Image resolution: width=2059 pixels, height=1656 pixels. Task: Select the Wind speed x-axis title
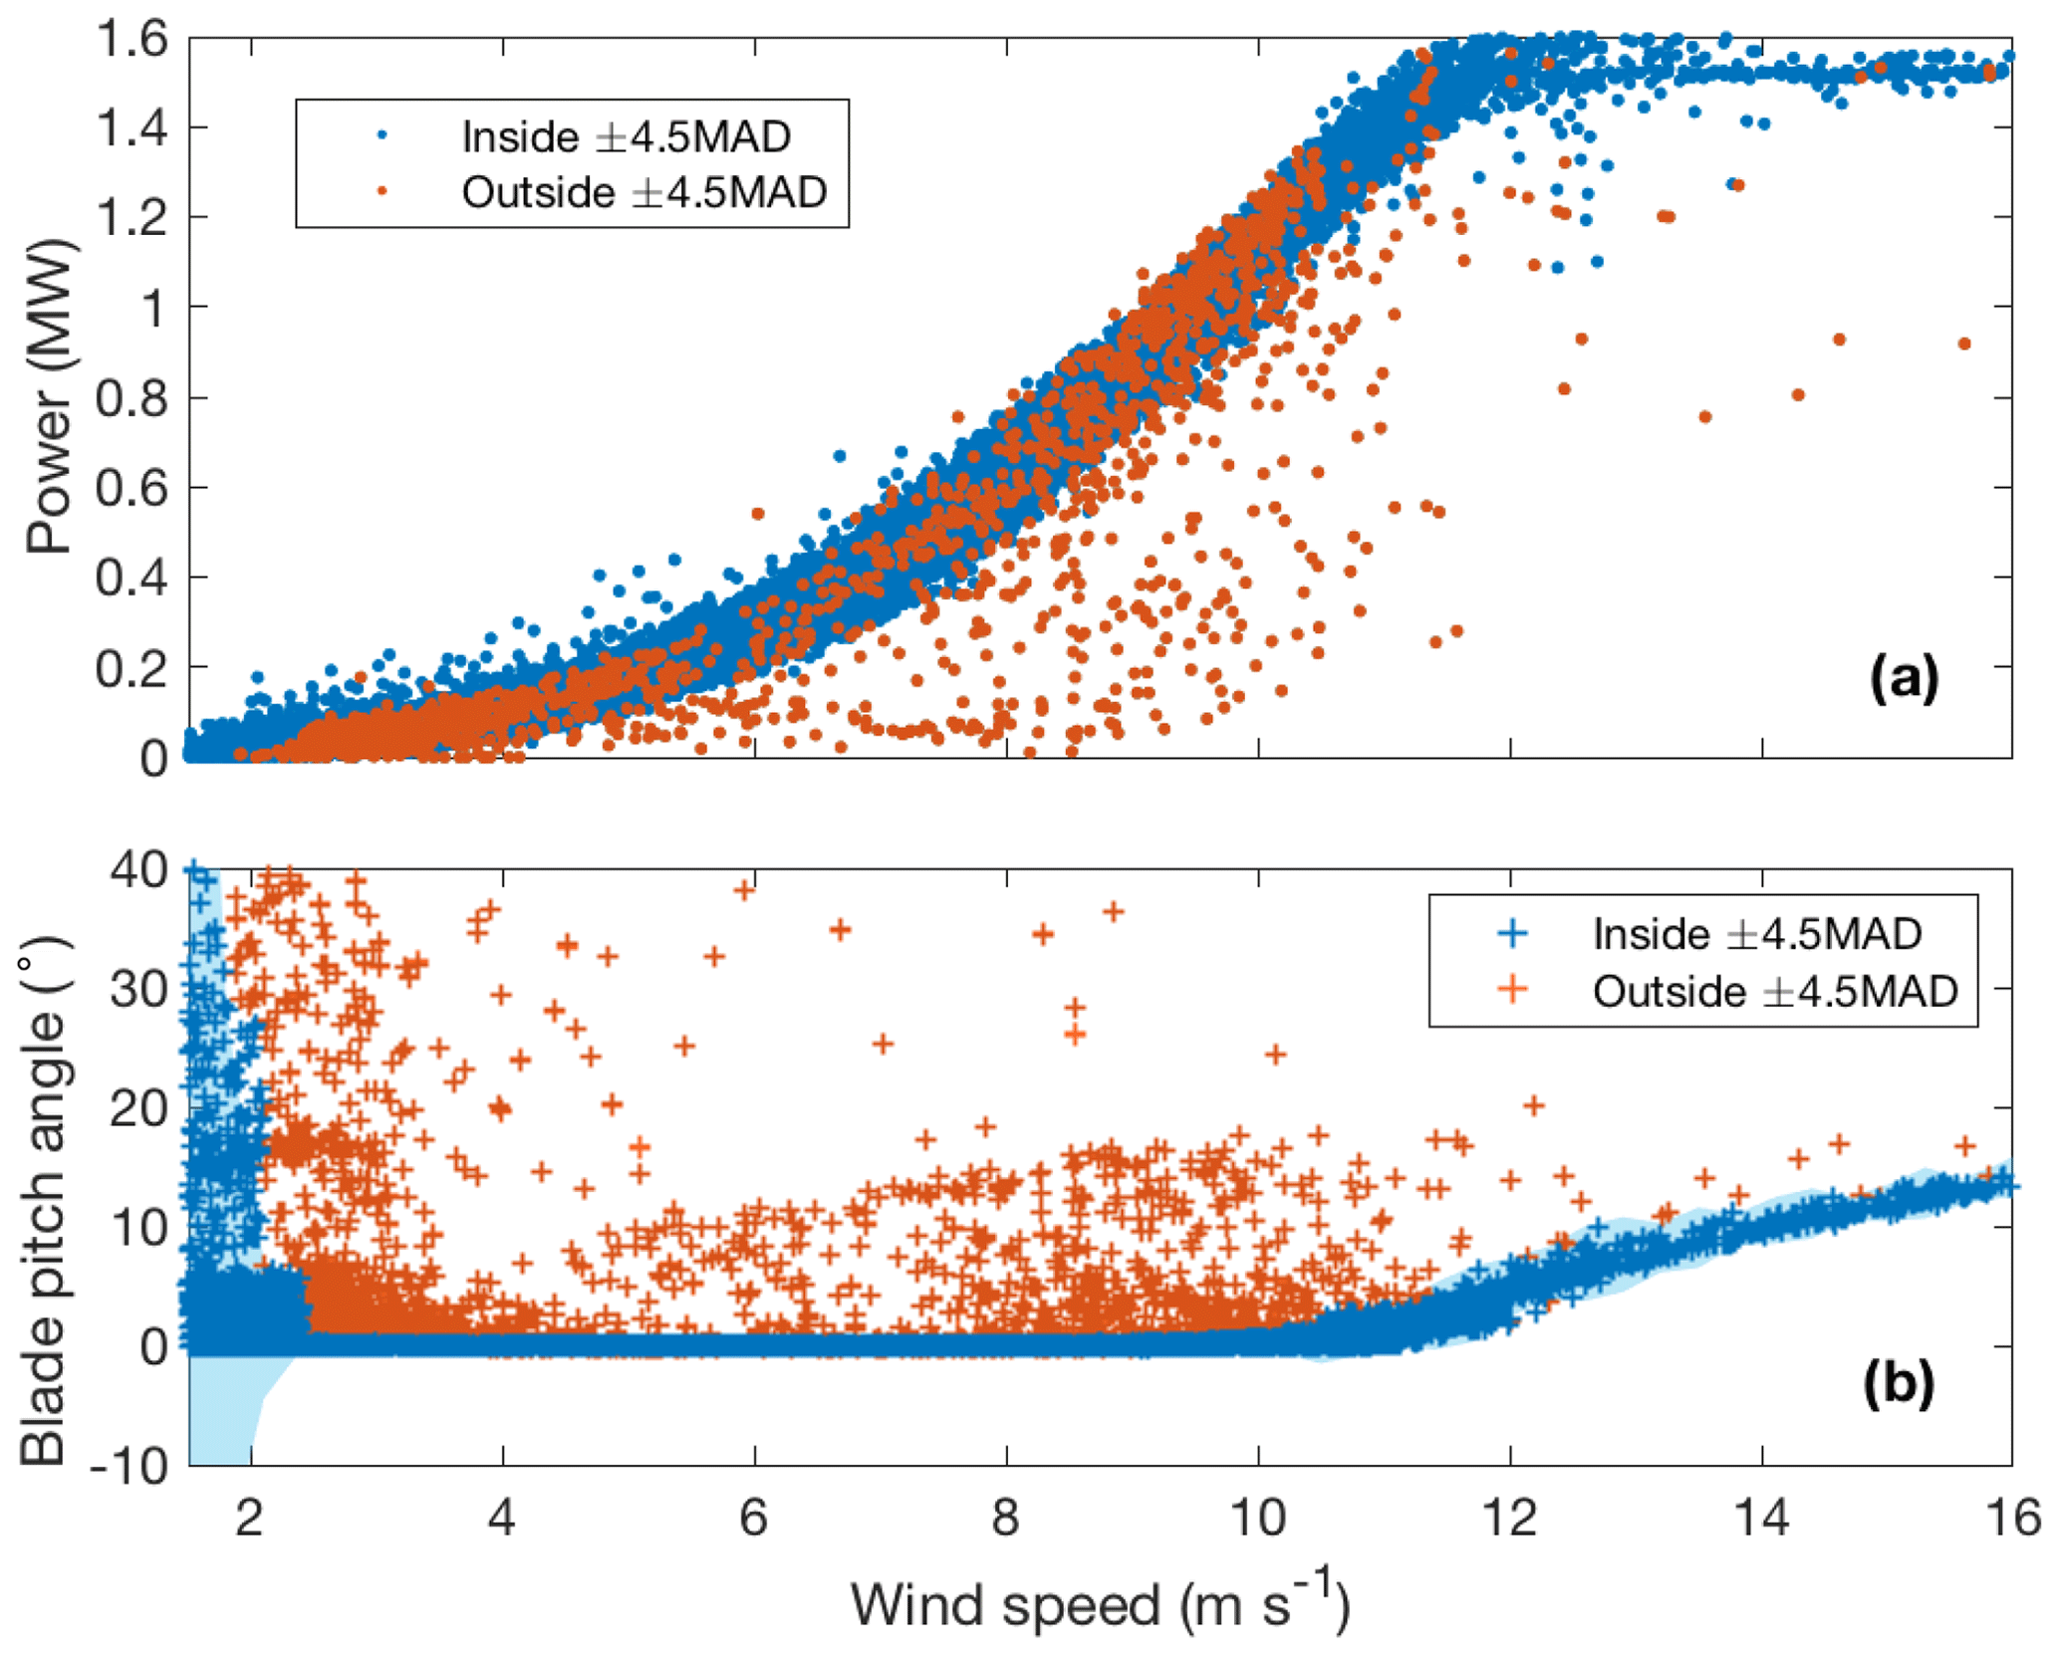(1100, 1605)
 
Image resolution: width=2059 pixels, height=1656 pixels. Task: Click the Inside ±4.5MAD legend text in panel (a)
(626, 136)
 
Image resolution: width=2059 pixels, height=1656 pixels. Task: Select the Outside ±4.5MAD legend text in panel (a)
(643, 192)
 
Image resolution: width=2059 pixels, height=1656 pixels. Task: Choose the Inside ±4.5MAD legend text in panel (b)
(1757, 934)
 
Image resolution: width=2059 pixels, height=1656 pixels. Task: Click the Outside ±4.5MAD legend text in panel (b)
(1775, 992)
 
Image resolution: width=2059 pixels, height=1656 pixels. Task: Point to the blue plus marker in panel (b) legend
(1512, 933)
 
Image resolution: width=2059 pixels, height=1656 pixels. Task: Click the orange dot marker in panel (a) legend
(382, 192)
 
